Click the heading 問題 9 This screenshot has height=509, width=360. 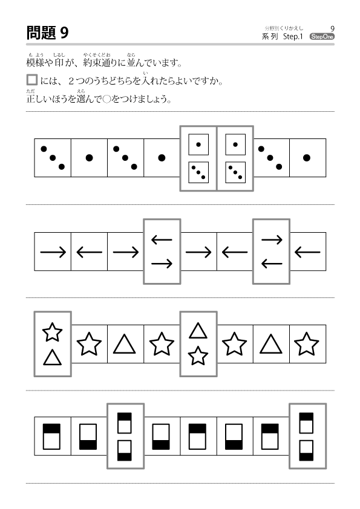[x=47, y=33]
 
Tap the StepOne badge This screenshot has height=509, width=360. [x=322, y=36]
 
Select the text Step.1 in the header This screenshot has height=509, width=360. [x=293, y=36]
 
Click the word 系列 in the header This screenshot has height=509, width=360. [x=270, y=36]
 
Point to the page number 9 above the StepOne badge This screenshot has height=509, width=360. [x=332, y=28]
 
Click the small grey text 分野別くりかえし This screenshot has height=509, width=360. [x=284, y=28]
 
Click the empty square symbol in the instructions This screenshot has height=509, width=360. [x=32, y=80]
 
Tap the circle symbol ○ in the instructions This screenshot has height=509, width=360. [x=107, y=99]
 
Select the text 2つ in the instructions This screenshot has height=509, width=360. [x=76, y=81]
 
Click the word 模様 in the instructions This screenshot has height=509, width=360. [x=35, y=62]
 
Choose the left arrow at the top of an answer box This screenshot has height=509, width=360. [x=162, y=240]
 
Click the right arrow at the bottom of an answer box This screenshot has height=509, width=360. [x=162, y=264]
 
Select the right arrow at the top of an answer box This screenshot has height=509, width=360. [x=272, y=240]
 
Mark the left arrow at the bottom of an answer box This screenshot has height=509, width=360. [x=272, y=264]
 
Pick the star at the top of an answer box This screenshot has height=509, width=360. [x=52, y=332]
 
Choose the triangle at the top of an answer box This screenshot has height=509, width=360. [x=198, y=331]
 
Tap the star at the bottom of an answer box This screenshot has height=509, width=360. [x=198, y=356]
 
